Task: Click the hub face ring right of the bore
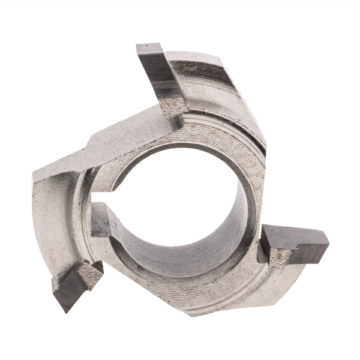(255, 180)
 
